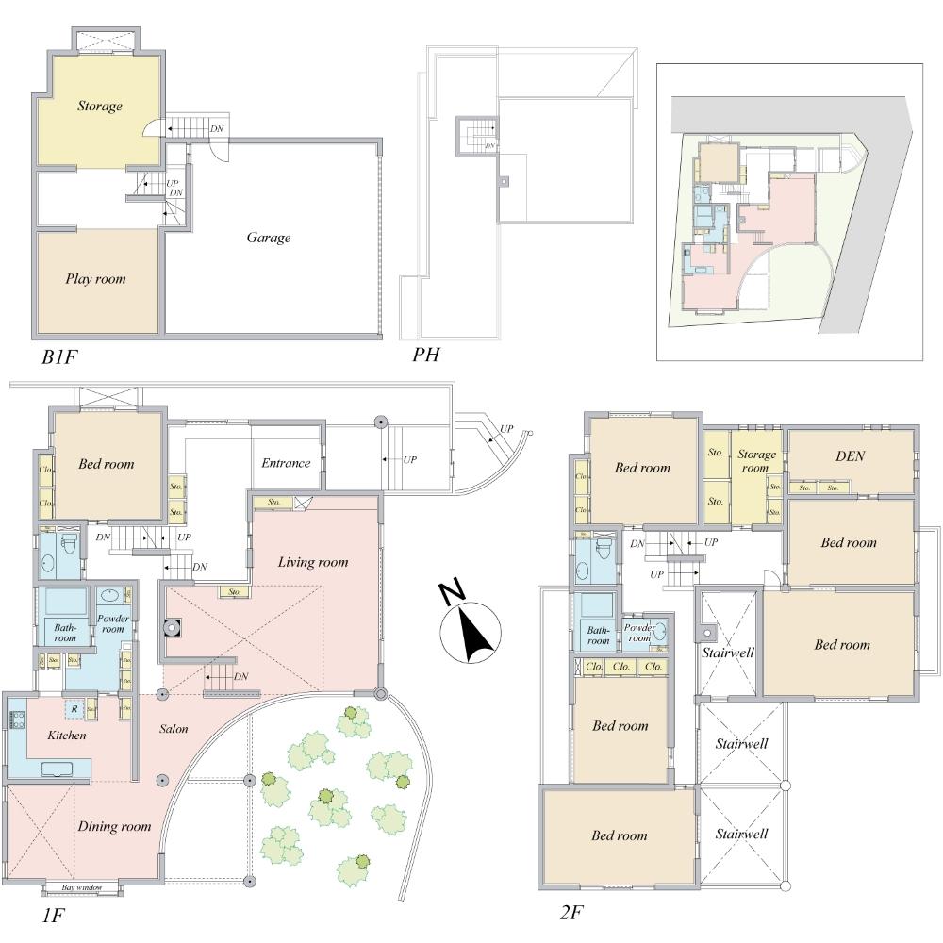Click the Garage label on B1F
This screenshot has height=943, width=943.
[x=269, y=238]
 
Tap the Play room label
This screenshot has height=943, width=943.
[x=95, y=279]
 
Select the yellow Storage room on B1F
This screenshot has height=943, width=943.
[x=99, y=106]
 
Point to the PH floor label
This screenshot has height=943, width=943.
[x=426, y=356]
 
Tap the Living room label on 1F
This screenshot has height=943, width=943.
[x=312, y=562]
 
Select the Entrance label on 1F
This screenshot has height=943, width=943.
[x=286, y=463]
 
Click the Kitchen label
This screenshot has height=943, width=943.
[x=67, y=735]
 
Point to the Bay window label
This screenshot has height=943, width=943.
[x=81, y=888]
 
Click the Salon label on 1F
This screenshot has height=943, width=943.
[x=173, y=729]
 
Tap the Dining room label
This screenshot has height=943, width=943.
[x=115, y=827]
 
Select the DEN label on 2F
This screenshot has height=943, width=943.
[x=850, y=455]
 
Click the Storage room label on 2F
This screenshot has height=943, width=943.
[x=757, y=461]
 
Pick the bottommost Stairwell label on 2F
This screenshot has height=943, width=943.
[x=740, y=834]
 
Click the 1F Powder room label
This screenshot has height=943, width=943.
[x=112, y=623]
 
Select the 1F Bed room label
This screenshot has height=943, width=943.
[x=106, y=464]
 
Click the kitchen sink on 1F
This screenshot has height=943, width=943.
[x=58, y=769]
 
